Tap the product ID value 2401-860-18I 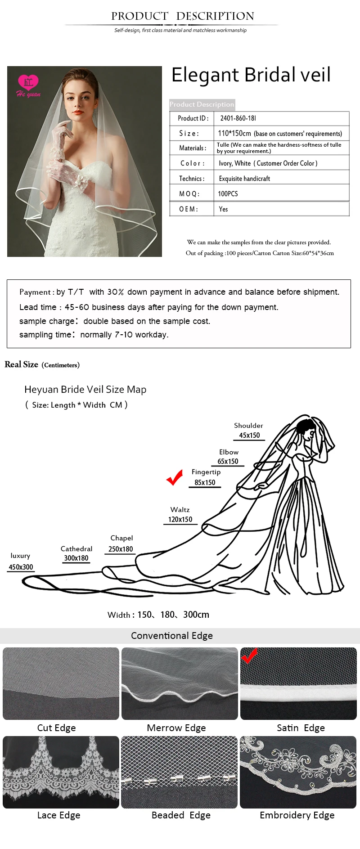point(238,118)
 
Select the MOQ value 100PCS point(228,194)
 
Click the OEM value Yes point(223,209)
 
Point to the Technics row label point(192,179)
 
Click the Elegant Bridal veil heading point(251,75)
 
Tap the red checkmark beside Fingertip point(175,477)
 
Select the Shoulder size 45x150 point(249,435)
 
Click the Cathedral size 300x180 point(76,558)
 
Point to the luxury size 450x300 point(21,567)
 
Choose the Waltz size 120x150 point(180,519)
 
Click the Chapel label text point(121,538)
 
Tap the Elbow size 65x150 point(228,461)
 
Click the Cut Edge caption point(56,728)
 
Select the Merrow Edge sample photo point(180,683)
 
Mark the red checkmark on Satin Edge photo point(249,656)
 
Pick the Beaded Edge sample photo point(179,772)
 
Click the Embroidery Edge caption point(297,815)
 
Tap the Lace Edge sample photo point(61,772)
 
